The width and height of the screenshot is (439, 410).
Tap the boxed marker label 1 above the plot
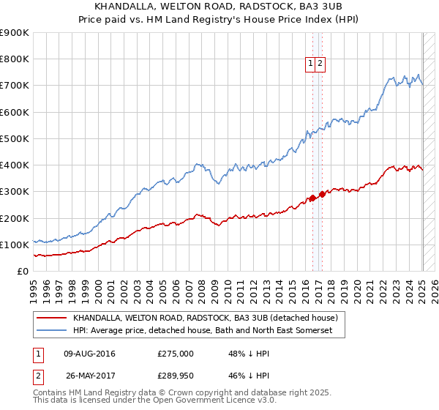(x=310, y=64)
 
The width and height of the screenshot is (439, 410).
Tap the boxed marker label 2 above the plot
(x=320, y=64)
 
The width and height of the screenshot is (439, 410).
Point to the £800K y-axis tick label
(x=15, y=59)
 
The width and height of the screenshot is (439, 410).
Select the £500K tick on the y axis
(x=15, y=138)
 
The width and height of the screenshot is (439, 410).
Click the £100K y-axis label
(x=15, y=245)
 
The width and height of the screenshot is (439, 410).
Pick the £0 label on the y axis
(x=23, y=271)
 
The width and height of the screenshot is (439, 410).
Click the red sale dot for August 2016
(x=312, y=198)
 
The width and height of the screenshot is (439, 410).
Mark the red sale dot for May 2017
(x=323, y=194)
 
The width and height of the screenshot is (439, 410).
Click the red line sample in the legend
(x=51, y=318)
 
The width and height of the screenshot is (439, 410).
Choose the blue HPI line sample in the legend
(x=51, y=331)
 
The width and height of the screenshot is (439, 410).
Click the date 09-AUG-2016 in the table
(x=89, y=354)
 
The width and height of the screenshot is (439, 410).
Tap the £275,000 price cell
(x=176, y=354)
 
